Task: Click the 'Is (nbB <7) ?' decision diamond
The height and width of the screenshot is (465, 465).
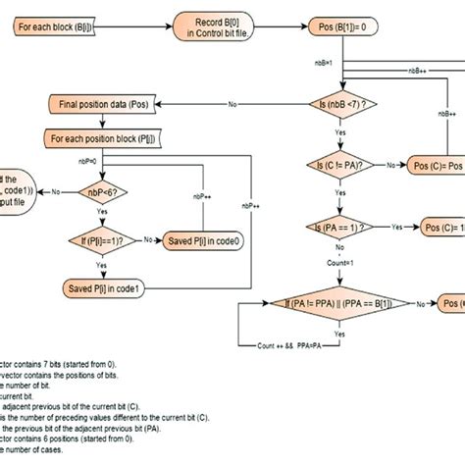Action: pyautogui.click(x=341, y=103)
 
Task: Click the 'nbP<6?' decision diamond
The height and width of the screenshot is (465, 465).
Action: pyautogui.click(x=105, y=193)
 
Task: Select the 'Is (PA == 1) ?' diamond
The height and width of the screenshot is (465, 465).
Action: pyautogui.click(x=341, y=227)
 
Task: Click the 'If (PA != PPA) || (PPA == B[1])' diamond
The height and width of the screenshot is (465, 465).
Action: pyautogui.click(x=334, y=305)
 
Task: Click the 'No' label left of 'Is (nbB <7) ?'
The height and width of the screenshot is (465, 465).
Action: pyautogui.click(x=232, y=103)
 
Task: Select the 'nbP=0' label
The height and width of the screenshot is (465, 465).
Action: pyautogui.click(x=90, y=159)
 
